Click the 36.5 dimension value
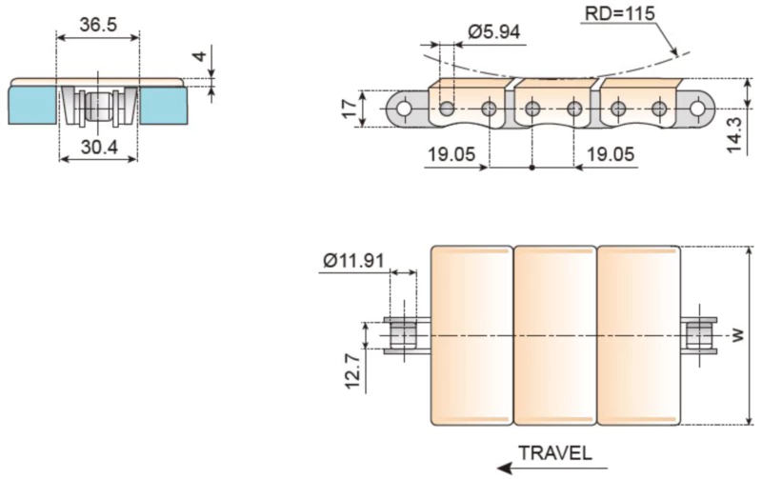98,25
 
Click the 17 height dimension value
349,108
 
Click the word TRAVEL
555,452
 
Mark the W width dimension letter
737,335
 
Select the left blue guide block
32,104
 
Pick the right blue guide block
163,104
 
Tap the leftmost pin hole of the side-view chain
404,110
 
